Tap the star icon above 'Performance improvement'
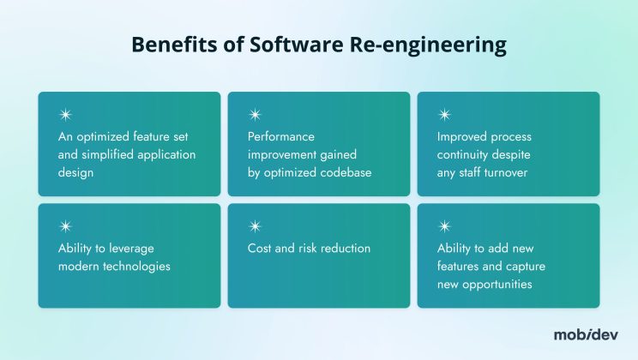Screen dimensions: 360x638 [255, 115]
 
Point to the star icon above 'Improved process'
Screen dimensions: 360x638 [444, 115]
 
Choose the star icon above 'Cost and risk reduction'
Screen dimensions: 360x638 [255, 226]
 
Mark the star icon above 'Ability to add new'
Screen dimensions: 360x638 [444, 226]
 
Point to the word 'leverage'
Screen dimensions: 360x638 [128, 249]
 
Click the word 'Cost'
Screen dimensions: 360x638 [261, 249]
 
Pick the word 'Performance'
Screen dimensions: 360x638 [282, 137]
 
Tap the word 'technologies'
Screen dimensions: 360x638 [141, 267]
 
